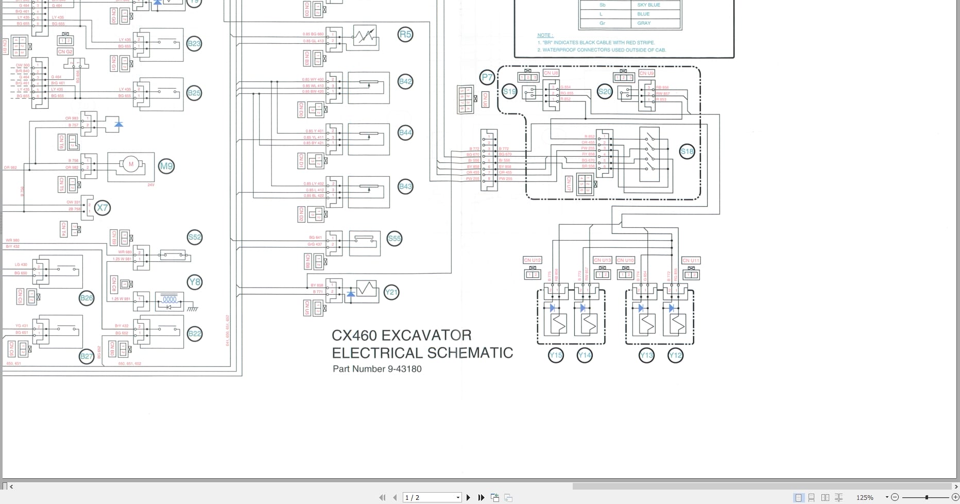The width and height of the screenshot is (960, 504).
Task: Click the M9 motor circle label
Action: pyautogui.click(x=166, y=166)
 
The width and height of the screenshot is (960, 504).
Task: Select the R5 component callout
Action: pyautogui.click(x=405, y=35)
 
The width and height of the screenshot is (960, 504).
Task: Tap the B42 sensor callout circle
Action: pyautogui.click(x=405, y=81)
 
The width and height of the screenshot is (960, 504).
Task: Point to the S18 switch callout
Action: pyautogui.click(x=687, y=152)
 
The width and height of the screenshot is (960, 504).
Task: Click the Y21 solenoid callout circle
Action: pyautogui.click(x=391, y=293)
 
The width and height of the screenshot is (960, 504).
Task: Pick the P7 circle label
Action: pyautogui.click(x=487, y=78)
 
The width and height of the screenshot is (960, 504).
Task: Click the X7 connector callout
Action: pyautogui.click(x=102, y=208)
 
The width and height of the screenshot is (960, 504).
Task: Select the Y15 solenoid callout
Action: pyautogui.click(x=556, y=355)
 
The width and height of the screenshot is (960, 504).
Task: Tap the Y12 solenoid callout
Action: pyautogui.click(x=675, y=355)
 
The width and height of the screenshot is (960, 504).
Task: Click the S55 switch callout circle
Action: pyautogui.click(x=394, y=239)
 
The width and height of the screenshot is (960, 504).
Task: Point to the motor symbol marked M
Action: pyautogui.click(x=131, y=164)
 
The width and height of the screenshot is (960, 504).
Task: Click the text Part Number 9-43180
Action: pyautogui.click(x=377, y=369)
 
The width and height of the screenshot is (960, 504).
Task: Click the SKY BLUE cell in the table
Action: pyautogui.click(x=648, y=5)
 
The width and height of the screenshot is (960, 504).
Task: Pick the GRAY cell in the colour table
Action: pyautogui.click(x=644, y=23)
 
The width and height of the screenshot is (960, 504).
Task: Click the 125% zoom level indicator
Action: pyautogui.click(x=865, y=497)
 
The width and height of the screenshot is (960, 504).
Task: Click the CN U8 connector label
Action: pyautogui.click(x=551, y=73)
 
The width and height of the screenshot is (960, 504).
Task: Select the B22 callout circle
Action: pyautogui.click(x=194, y=334)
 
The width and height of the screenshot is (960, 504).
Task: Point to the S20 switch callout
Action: pyautogui.click(x=605, y=92)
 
